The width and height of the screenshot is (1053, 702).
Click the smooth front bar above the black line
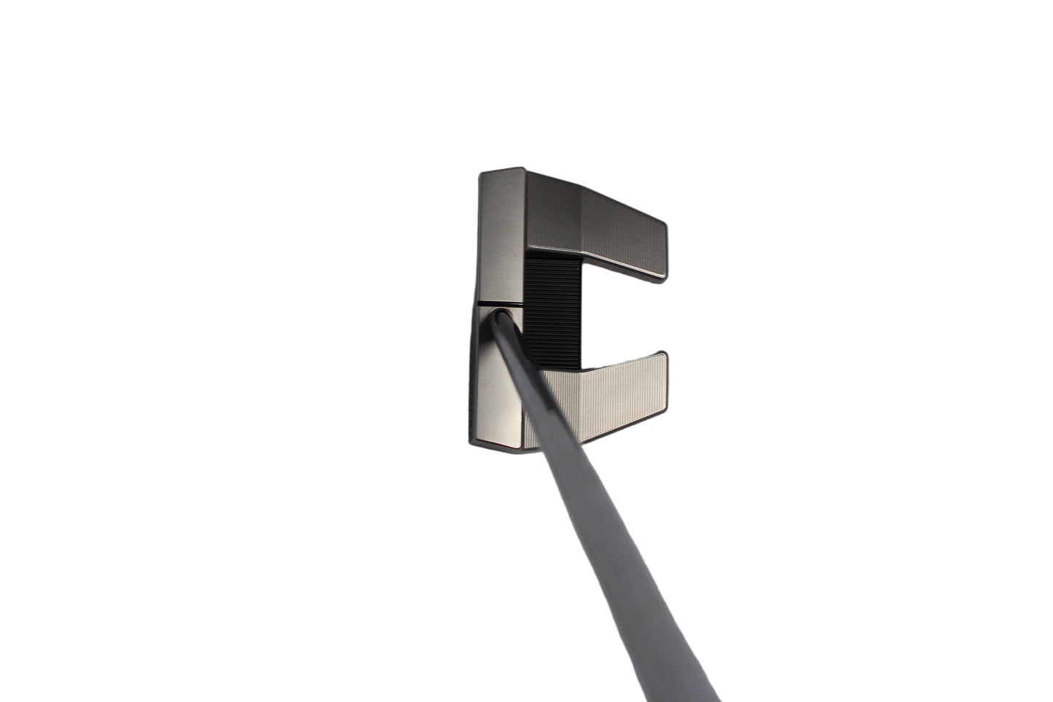(x=501, y=233)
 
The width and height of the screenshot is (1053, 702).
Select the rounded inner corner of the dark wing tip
(x=662, y=277)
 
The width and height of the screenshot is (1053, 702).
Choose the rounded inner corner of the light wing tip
(x=662, y=356)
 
